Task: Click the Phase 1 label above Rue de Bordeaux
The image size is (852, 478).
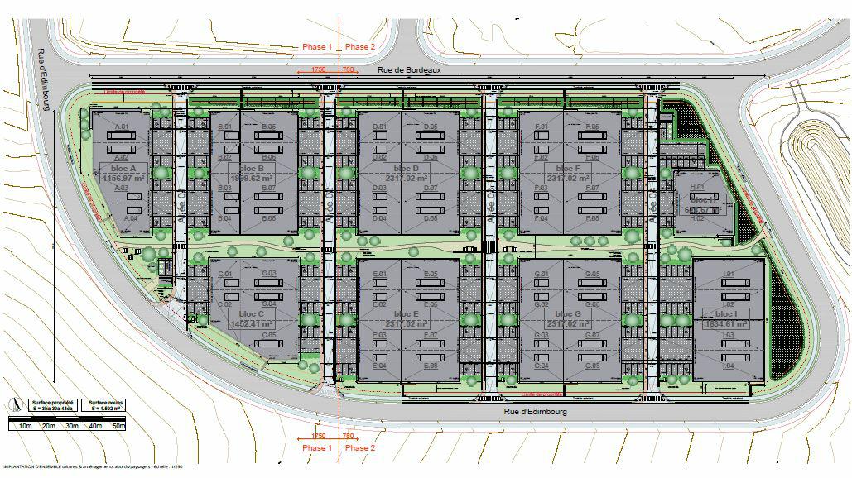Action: tap(317, 47)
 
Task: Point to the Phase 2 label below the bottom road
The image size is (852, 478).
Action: tap(360, 448)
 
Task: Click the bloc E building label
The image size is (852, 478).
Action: tap(406, 314)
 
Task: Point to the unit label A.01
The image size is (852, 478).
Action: tap(124, 127)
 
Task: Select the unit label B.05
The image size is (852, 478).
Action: tap(269, 127)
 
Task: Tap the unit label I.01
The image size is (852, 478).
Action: tap(729, 274)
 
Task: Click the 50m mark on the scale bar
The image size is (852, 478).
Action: tap(118, 426)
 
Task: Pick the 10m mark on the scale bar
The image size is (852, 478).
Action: tap(25, 426)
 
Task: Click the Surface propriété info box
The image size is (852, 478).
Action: tap(46, 405)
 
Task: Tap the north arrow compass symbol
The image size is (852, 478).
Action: tap(12, 404)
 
